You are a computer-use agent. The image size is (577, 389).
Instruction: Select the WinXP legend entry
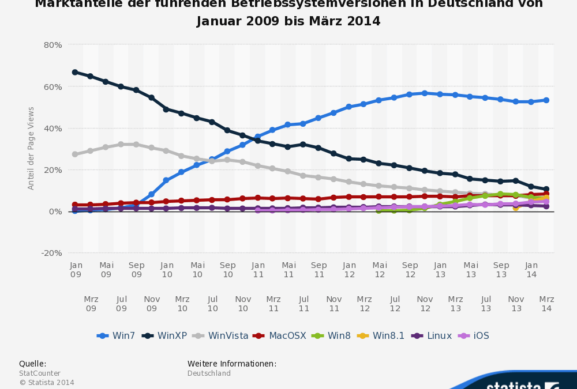pyautogui.click(x=164, y=335)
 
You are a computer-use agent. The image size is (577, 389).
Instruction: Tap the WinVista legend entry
pyautogui.click(x=220, y=335)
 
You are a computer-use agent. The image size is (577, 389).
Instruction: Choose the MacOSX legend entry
pyautogui.click(x=280, y=335)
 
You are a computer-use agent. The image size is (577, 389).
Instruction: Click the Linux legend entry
pyautogui.click(x=433, y=335)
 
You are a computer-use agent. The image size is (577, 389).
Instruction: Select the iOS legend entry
pyautogui.click(x=474, y=335)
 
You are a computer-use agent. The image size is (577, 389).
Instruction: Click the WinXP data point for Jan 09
pyautogui.click(x=75, y=72)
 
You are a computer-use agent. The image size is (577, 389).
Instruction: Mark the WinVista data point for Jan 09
pyautogui.click(x=75, y=154)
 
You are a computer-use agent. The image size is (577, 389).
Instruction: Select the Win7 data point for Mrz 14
pyautogui.click(x=546, y=100)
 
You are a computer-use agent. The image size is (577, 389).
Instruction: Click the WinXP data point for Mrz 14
pyautogui.click(x=546, y=189)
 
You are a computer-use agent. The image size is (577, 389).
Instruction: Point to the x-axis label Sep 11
pyautogui.click(x=319, y=270)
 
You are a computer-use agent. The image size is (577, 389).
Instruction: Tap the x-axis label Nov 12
pyautogui.click(x=425, y=304)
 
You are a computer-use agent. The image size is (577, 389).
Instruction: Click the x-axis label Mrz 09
pyautogui.click(x=91, y=304)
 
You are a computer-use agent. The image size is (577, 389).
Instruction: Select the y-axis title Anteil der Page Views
pyautogui.click(x=31, y=148)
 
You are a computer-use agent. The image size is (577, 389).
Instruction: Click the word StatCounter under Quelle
pyautogui.click(x=40, y=373)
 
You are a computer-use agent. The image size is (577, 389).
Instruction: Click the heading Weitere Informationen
pyautogui.click(x=232, y=364)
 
